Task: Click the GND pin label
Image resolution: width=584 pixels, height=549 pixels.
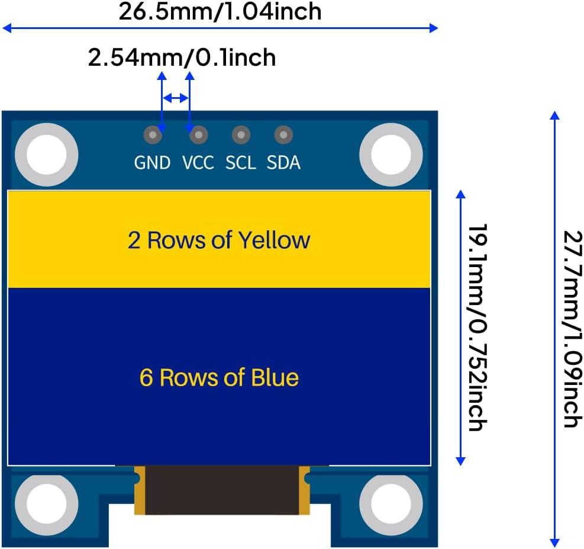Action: tap(152, 162)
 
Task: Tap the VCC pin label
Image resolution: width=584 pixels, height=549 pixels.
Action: tap(198, 162)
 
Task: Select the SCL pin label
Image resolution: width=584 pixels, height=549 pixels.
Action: tap(240, 162)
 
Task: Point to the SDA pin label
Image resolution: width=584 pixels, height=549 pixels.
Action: tap(283, 162)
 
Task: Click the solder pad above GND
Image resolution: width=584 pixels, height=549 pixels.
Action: tap(153, 136)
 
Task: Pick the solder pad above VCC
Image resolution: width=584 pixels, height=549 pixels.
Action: tap(198, 136)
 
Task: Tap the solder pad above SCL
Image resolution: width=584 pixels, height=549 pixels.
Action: tap(240, 136)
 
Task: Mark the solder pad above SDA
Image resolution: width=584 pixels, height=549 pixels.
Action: tap(283, 136)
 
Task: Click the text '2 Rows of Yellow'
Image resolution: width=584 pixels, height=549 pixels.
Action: tap(219, 240)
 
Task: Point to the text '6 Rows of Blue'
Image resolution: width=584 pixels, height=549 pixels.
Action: tap(219, 377)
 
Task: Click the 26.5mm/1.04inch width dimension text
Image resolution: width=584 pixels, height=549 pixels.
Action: tap(220, 11)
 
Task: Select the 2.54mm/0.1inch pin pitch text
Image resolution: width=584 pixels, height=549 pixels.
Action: tap(182, 58)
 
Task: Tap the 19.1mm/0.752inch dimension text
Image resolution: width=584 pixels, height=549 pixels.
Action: tap(476, 327)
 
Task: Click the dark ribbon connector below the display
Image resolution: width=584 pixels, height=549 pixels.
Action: tap(222, 490)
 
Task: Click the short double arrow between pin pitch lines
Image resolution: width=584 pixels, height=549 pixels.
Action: tap(176, 98)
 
